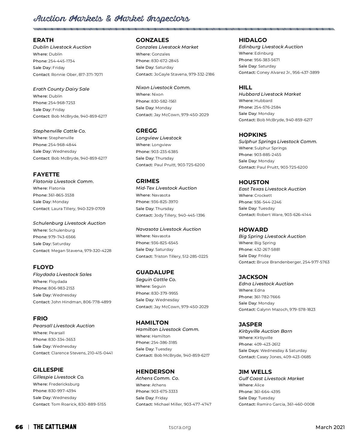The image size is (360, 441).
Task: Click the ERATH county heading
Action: [x=43, y=40]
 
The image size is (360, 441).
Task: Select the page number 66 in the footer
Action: [x=19, y=427]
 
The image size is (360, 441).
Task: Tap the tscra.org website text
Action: [x=180, y=427]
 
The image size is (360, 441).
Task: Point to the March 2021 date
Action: [x=330, y=427]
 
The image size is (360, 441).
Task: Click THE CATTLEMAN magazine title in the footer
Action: [x=55, y=427]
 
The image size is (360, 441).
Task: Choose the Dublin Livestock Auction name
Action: [x=62, y=47]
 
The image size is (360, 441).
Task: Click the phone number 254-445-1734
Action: [x=61, y=61]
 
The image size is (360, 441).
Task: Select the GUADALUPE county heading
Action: [x=155, y=272]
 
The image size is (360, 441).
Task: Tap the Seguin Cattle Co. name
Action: [x=156, y=280]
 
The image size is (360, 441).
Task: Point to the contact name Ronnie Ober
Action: [x=64, y=74]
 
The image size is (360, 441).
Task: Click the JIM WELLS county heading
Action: [x=255, y=372]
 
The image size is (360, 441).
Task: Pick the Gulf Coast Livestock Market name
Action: [x=271, y=379]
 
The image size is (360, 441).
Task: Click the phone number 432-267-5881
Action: [x=267, y=249]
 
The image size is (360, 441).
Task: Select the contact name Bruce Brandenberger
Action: [x=279, y=262]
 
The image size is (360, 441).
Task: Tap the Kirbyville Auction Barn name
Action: [x=265, y=331]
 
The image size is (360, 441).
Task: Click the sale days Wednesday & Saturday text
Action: [x=283, y=350]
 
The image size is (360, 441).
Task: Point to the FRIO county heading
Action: [x=40, y=319]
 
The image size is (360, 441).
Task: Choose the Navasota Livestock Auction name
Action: [x=168, y=229]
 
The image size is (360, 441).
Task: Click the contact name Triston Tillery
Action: [x=167, y=256]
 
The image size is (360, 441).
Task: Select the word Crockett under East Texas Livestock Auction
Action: [x=263, y=196]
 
